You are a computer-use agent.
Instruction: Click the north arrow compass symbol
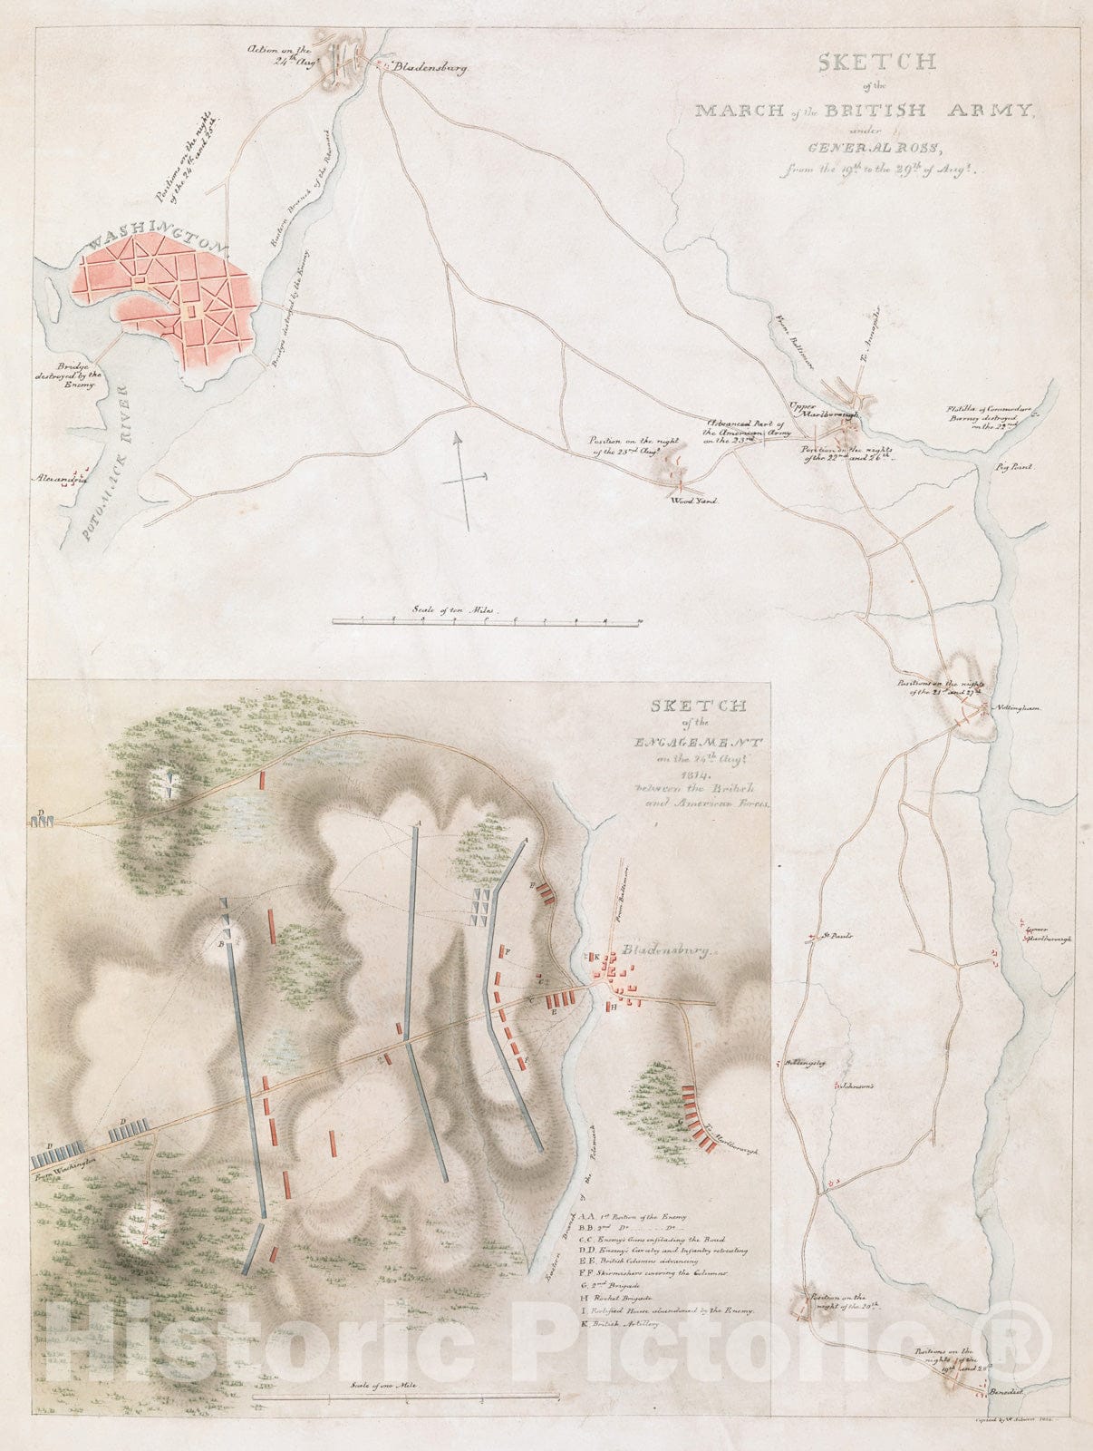point(463,481)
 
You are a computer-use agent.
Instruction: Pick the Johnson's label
point(853,1085)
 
